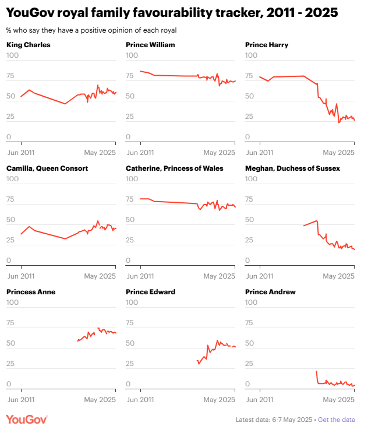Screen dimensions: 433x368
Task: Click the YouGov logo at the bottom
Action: pos(27,420)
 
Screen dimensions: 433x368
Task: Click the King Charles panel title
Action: pos(28,45)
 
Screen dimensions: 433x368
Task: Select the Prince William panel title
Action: pos(150,45)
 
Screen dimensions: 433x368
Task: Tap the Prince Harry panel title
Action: pos(267,45)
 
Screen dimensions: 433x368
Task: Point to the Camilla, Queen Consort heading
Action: pos(47,168)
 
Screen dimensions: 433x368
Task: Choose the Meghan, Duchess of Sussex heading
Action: pos(292,168)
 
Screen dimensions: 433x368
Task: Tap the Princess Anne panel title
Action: pos(31,292)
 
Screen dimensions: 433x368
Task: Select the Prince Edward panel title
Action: pos(150,292)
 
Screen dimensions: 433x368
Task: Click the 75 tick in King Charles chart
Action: pos(11,76)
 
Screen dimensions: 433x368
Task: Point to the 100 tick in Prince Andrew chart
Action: pos(252,302)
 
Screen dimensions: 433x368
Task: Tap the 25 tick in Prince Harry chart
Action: pos(250,117)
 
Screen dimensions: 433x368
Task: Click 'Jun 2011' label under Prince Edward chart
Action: pos(140,400)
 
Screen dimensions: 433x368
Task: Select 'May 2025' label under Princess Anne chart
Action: pos(100,400)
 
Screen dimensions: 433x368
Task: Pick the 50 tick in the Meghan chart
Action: pos(250,220)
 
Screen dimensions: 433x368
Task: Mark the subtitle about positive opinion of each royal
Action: pos(91,30)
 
